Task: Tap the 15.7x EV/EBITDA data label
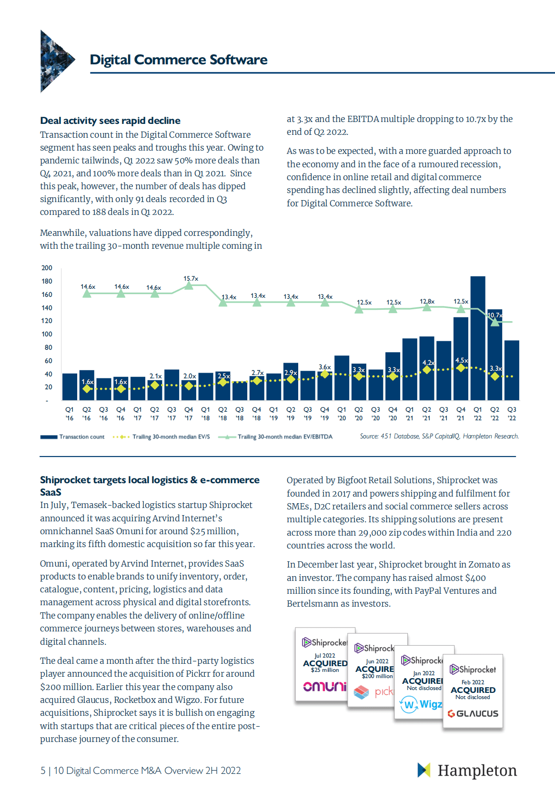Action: point(191,278)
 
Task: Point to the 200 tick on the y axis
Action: point(47,268)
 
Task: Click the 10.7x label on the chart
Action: point(495,315)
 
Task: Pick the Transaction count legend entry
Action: point(72,437)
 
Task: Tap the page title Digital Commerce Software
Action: point(179,60)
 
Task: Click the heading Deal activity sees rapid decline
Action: point(110,121)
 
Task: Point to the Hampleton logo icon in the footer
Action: point(424,770)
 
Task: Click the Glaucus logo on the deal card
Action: point(473,713)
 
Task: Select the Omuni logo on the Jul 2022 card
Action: point(325,686)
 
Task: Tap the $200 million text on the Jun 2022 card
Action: point(377,676)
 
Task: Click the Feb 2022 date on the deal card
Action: point(473,682)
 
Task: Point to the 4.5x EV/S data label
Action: point(461,360)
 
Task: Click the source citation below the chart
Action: point(439,436)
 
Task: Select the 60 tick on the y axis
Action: point(48,361)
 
